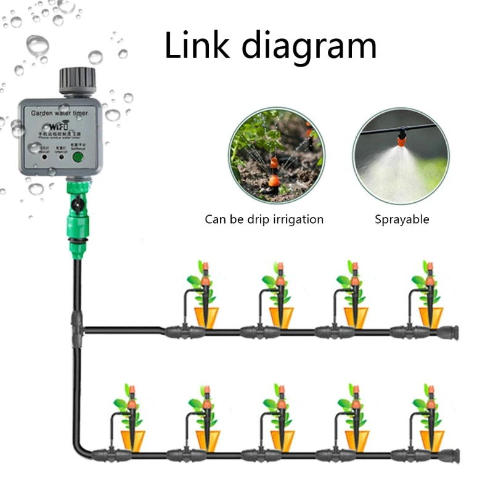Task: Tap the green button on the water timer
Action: point(78,157)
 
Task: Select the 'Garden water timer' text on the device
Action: point(59,114)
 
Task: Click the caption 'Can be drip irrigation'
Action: point(264,219)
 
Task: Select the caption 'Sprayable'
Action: point(402,219)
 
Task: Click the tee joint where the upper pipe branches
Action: point(77,323)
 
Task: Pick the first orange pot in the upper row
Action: point(207,316)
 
